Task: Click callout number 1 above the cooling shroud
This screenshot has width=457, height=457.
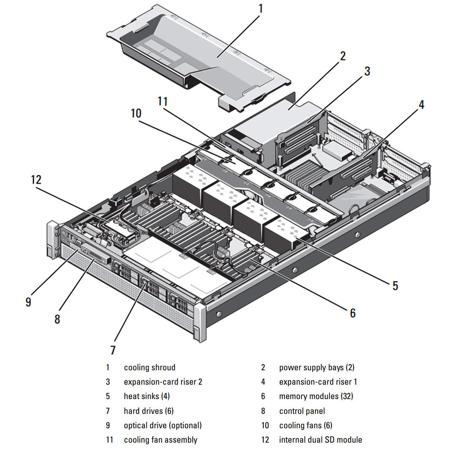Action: coord(261,8)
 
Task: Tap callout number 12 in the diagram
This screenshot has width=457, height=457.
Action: coord(36,179)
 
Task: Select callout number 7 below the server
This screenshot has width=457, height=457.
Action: coord(113,350)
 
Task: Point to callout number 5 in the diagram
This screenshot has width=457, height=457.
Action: coord(395,286)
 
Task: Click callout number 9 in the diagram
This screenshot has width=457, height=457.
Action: coord(28,302)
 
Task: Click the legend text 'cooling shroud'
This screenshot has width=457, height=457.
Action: coord(149,368)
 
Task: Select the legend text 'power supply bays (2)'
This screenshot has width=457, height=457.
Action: coord(317,368)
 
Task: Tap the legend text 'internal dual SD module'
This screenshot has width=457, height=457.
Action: coord(320,440)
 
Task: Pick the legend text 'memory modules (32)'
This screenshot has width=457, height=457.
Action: coord(316,396)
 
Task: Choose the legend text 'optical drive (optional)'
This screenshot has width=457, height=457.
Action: coord(162,425)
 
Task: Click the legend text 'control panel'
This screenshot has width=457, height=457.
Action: coord(302,411)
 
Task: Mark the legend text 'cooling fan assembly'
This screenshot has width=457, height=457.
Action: coord(160,440)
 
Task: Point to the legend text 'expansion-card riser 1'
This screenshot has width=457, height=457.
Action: coord(318,382)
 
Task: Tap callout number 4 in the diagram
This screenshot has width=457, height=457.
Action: coord(421,105)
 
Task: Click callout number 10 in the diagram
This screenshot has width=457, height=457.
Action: coord(136,113)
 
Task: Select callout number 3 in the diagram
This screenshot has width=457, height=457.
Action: coord(367,71)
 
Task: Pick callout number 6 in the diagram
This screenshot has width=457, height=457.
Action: coord(352,313)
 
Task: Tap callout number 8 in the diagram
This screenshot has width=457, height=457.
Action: coord(58,319)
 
